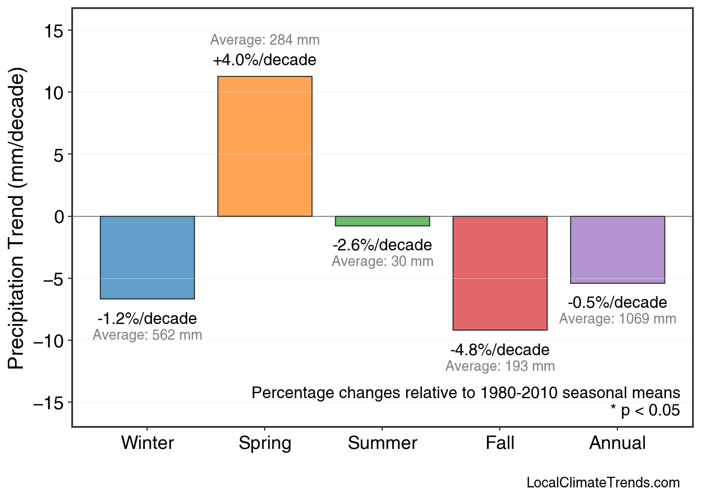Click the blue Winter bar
pyautogui.click(x=147, y=257)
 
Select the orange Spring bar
pyautogui.click(x=265, y=146)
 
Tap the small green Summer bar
pyautogui.click(x=382, y=221)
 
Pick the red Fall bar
pyautogui.click(x=500, y=273)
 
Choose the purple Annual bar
pyautogui.click(x=617, y=249)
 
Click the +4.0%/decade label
pyautogui.click(x=265, y=60)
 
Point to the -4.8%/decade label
pyautogui.click(x=500, y=350)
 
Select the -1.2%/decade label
pyautogui.click(x=147, y=319)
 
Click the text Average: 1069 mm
pyautogui.click(x=617, y=319)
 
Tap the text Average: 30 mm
pyautogui.click(x=382, y=261)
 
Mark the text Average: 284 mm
pyautogui.click(x=265, y=40)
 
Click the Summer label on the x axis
pyautogui.click(x=382, y=443)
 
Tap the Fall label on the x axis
pyautogui.click(x=500, y=443)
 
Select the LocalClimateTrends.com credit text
pyautogui.click(x=603, y=483)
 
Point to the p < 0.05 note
pyautogui.click(x=645, y=411)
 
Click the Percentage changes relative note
pyautogui.click(x=466, y=393)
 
